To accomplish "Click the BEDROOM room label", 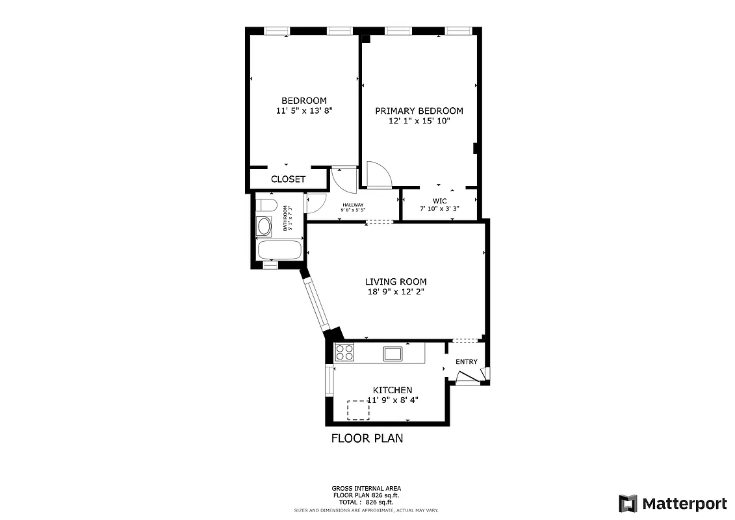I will click(303, 101).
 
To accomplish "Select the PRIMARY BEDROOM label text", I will click(419, 111).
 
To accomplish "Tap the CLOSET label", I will click(288, 179).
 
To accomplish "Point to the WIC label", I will click(439, 200).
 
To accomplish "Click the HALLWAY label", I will click(353, 205).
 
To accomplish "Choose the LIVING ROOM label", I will click(396, 281).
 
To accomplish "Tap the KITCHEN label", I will click(392, 389).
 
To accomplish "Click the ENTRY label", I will click(466, 362).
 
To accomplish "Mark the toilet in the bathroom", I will click(264, 207).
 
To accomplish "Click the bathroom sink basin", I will click(264, 227).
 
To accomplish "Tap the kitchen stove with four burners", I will click(344, 353).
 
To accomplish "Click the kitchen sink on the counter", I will click(392, 354).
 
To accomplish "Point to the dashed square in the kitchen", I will click(357, 410).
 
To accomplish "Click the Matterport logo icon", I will click(628, 504).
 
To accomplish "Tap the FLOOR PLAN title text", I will click(367, 438).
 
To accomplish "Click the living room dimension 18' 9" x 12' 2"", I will click(396, 292).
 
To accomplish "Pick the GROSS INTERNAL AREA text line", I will click(367, 488).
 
